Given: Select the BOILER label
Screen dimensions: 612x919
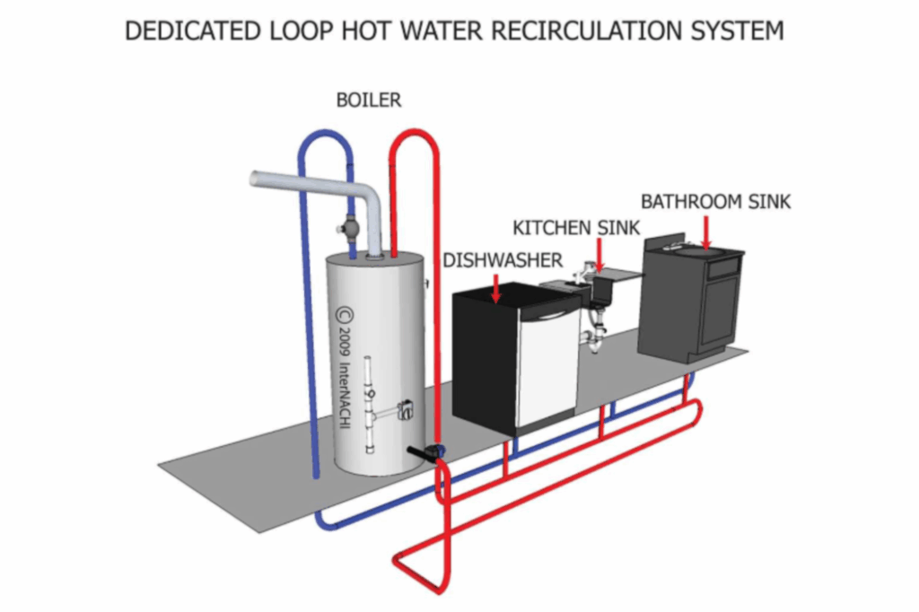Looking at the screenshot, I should [x=368, y=101].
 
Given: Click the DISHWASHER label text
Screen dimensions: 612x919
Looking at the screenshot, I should [x=503, y=260].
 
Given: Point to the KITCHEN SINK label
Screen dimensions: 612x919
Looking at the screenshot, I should [x=576, y=228].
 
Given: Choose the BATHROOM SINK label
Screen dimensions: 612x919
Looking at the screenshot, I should [x=715, y=202].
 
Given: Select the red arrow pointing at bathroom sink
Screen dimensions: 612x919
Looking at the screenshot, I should [x=707, y=232].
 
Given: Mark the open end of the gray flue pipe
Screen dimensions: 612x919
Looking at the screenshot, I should [x=256, y=179].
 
